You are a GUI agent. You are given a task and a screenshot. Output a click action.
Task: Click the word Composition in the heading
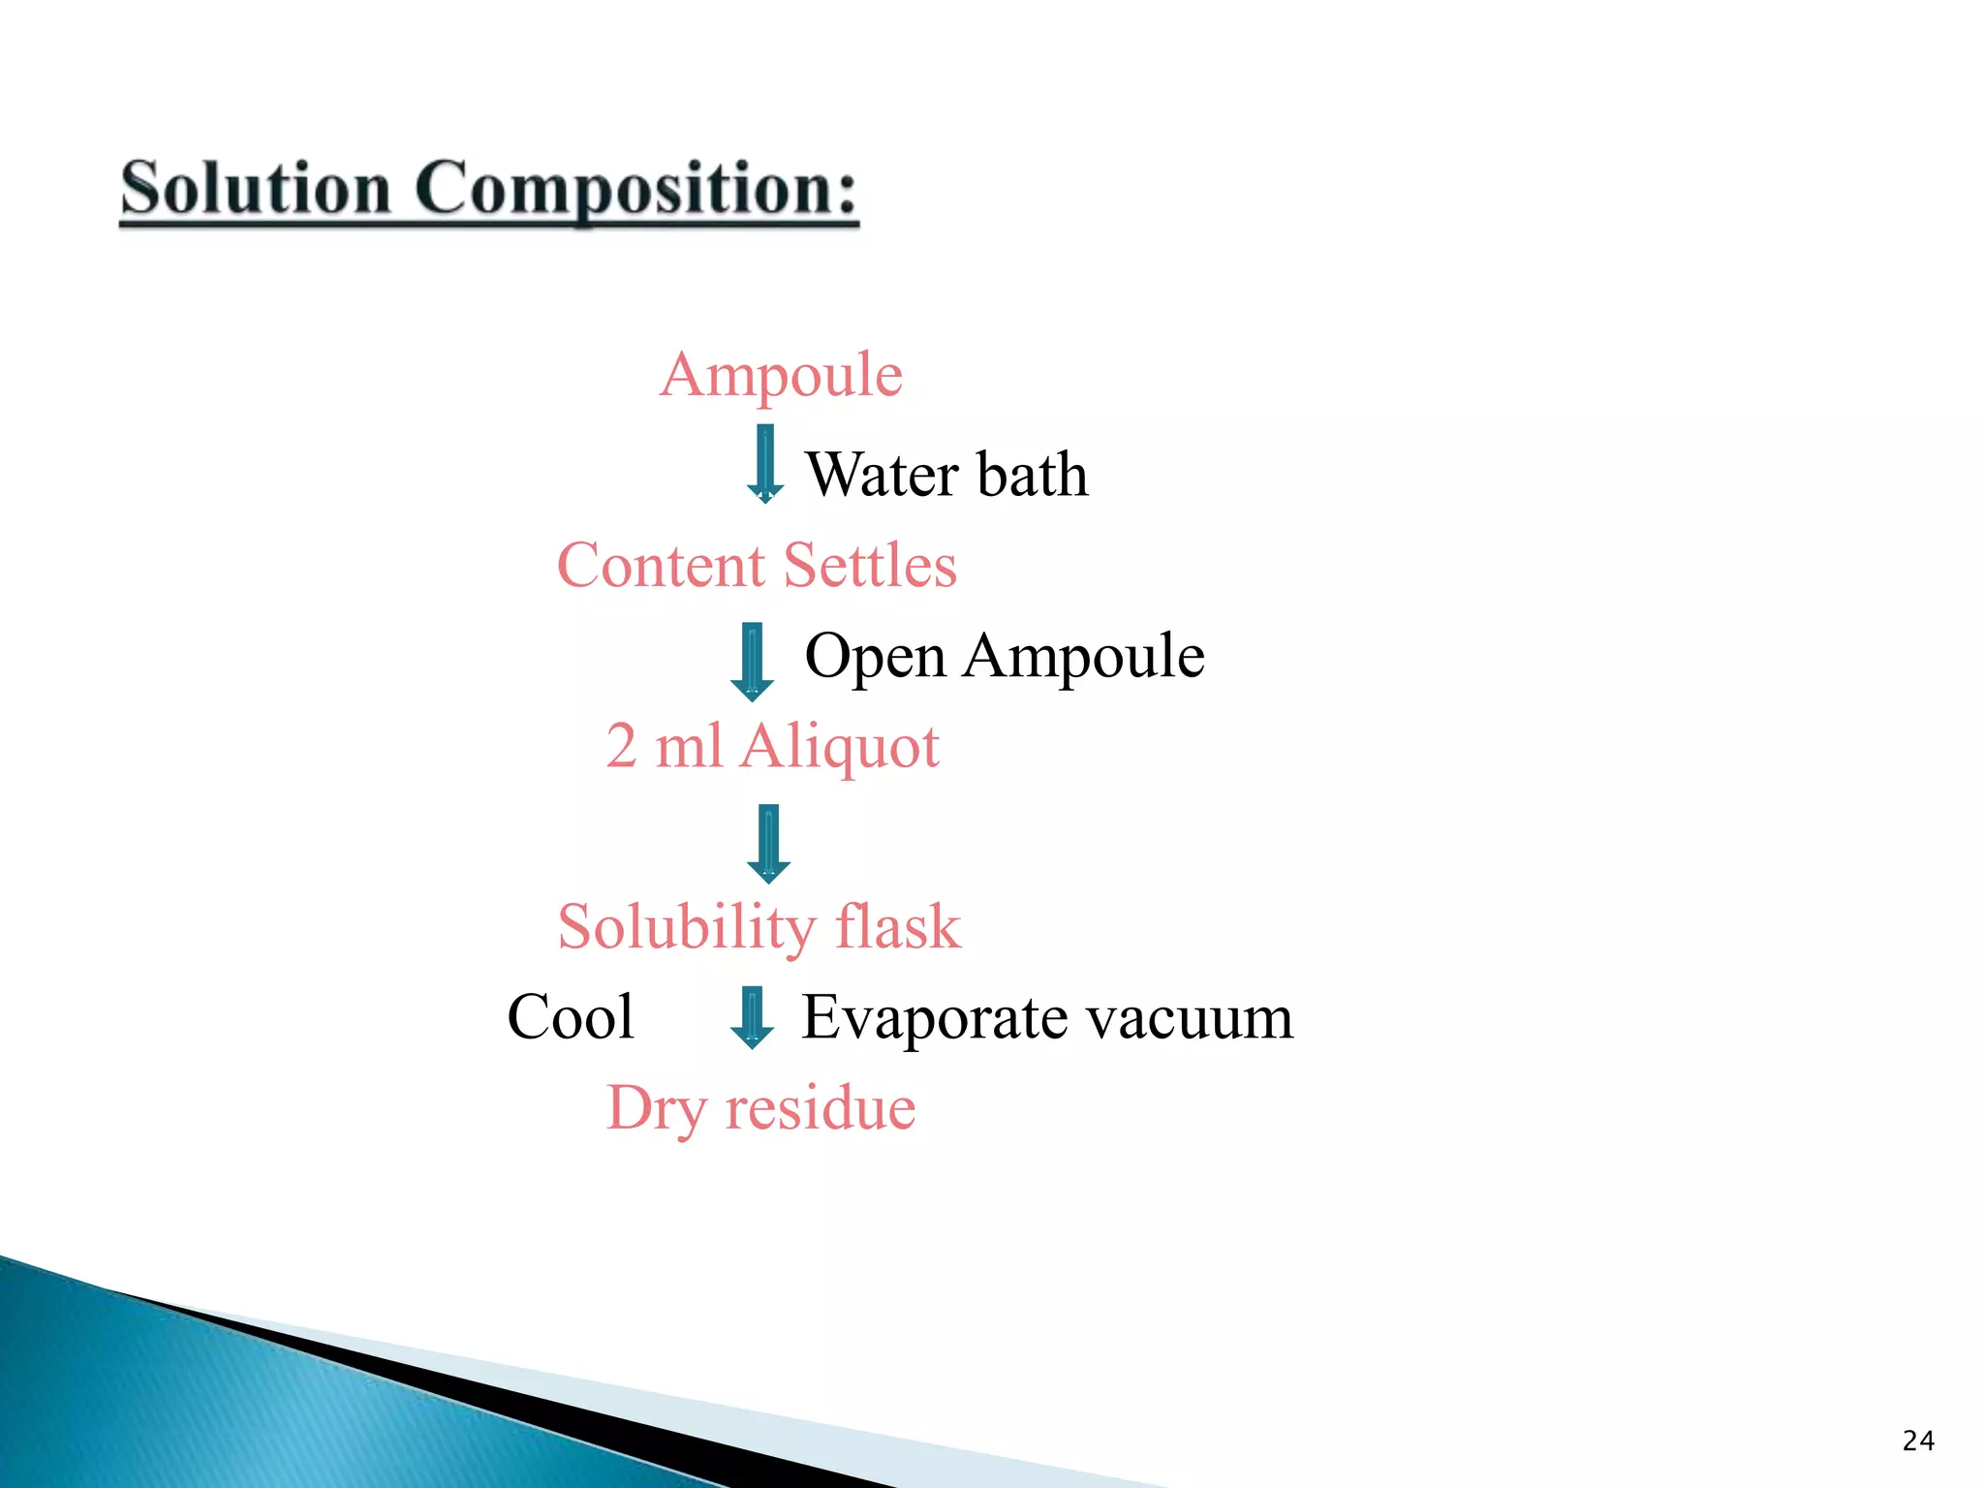(635, 190)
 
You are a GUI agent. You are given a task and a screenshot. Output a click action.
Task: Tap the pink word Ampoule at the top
(781, 375)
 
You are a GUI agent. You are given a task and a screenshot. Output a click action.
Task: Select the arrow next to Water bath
(764, 464)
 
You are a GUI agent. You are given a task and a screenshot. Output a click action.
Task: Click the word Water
(883, 475)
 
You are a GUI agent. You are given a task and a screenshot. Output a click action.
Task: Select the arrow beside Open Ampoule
(752, 663)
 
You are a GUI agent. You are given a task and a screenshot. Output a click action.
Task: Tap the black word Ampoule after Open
(1084, 656)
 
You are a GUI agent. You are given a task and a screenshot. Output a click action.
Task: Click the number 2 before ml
(621, 746)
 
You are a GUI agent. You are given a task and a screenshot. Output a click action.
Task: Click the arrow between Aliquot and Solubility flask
(768, 843)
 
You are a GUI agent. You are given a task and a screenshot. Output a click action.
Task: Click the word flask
(898, 926)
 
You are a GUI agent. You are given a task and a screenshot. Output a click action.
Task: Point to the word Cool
(571, 1017)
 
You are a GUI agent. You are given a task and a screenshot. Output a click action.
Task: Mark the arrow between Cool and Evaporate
(752, 1017)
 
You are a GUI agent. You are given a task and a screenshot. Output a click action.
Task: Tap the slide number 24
(1918, 1441)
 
